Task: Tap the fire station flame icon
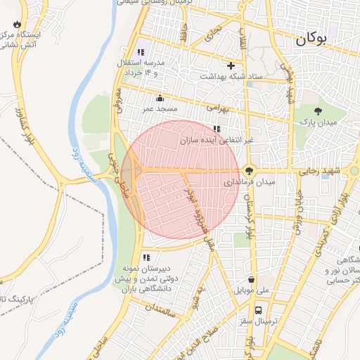click(x=15, y=22)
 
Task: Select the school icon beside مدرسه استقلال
click(x=141, y=51)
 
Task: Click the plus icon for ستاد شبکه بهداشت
click(x=231, y=65)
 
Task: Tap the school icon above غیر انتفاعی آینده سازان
click(x=217, y=129)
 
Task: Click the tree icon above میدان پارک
click(x=318, y=110)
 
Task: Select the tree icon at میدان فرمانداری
click(x=249, y=170)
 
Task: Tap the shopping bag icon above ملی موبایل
click(x=251, y=279)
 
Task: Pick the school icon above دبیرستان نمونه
click(x=146, y=257)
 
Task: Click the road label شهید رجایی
click(x=320, y=171)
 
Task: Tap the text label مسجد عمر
click(x=161, y=110)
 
